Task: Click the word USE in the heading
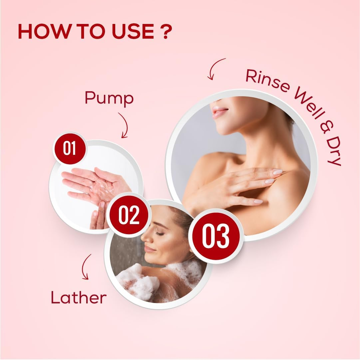coord(133,31)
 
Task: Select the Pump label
coord(109,99)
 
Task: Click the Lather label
coord(79,297)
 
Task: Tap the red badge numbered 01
coord(69,149)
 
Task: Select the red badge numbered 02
coord(129,215)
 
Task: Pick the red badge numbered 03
coord(215,236)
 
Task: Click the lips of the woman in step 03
coord(219,112)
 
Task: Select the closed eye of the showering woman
coord(161,234)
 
